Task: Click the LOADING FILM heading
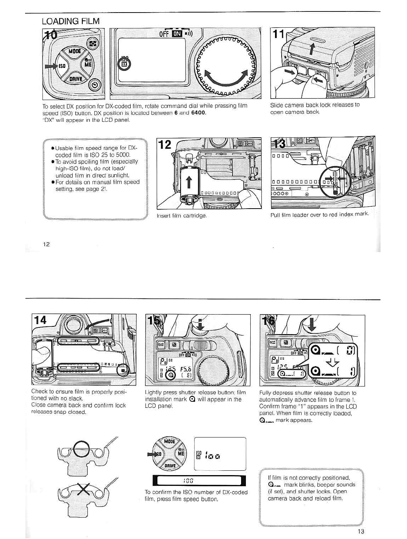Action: tap(70, 21)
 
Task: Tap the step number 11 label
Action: tap(279, 35)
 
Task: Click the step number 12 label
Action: tap(165, 144)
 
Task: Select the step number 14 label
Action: tap(41, 320)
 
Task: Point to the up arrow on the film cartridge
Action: tap(189, 182)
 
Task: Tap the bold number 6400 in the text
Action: tap(198, 113)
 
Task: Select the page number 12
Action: tap(46, 244)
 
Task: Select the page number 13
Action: tap(361, 531)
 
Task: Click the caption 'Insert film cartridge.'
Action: tap(182, 216)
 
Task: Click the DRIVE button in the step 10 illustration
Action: tap(76, 79)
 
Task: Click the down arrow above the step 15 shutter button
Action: tap(200, 324)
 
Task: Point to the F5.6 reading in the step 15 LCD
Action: tap(185, 368)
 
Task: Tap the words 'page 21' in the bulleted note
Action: tap(97, 189)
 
